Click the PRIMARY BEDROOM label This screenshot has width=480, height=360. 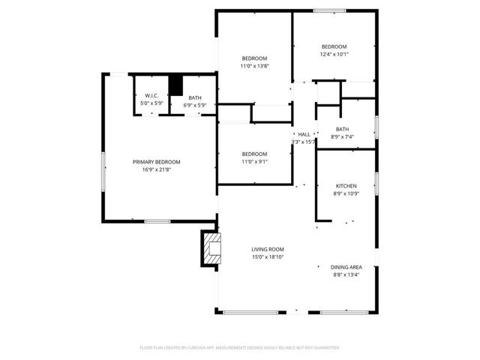156,162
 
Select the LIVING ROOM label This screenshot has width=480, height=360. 267,249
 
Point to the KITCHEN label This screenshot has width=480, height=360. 346,186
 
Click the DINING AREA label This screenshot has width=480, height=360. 346,267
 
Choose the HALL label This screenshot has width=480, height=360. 304,134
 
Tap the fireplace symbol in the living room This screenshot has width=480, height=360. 212,249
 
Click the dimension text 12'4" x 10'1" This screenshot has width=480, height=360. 334,54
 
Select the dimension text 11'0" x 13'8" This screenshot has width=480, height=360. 254,66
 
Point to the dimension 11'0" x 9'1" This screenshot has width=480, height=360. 254,161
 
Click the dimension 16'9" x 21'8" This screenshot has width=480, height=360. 156,169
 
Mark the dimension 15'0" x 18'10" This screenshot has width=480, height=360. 267,256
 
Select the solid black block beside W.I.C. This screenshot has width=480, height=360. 176,85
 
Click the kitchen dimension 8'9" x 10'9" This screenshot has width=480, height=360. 346,193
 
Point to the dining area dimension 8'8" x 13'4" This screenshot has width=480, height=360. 346,274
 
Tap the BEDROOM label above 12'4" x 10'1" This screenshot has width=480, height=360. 334,46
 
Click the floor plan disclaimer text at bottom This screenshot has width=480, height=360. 240,348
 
